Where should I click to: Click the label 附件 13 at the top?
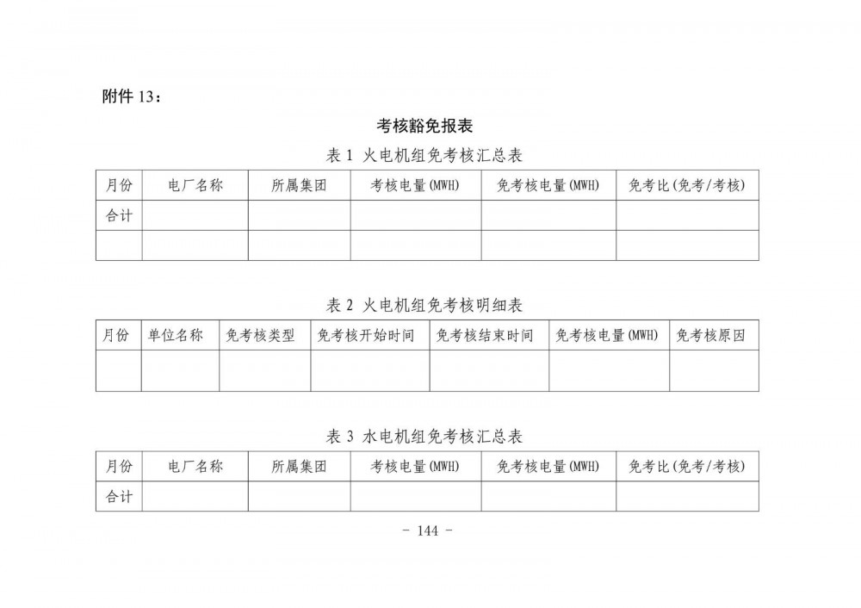click(x=132, y=96)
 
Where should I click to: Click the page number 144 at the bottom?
click(x=427, y=530)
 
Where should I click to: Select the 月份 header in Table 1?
click(x=119, y=185)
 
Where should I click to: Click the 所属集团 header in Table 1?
click(x=299, y=185)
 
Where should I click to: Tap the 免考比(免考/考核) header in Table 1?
click(x=687, y=185)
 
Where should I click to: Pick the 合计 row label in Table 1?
click(x=119, y=215)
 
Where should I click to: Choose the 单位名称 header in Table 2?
click(x=180, y=335)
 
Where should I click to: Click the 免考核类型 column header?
click(x=264, y=335)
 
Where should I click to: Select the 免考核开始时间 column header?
click(x=370, y=335)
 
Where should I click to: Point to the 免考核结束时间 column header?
click(x=489, y=335)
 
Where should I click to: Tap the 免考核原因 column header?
click(x=714, y=335)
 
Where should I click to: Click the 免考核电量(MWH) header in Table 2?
click(x=609, y=335)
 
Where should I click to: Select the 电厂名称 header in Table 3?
click(x=195, y=467)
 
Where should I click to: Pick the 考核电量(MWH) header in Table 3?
click(x=415, y=467)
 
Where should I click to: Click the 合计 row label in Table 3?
click(x=119, y=496)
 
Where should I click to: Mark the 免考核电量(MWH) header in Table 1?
click(x=548, y=185)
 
